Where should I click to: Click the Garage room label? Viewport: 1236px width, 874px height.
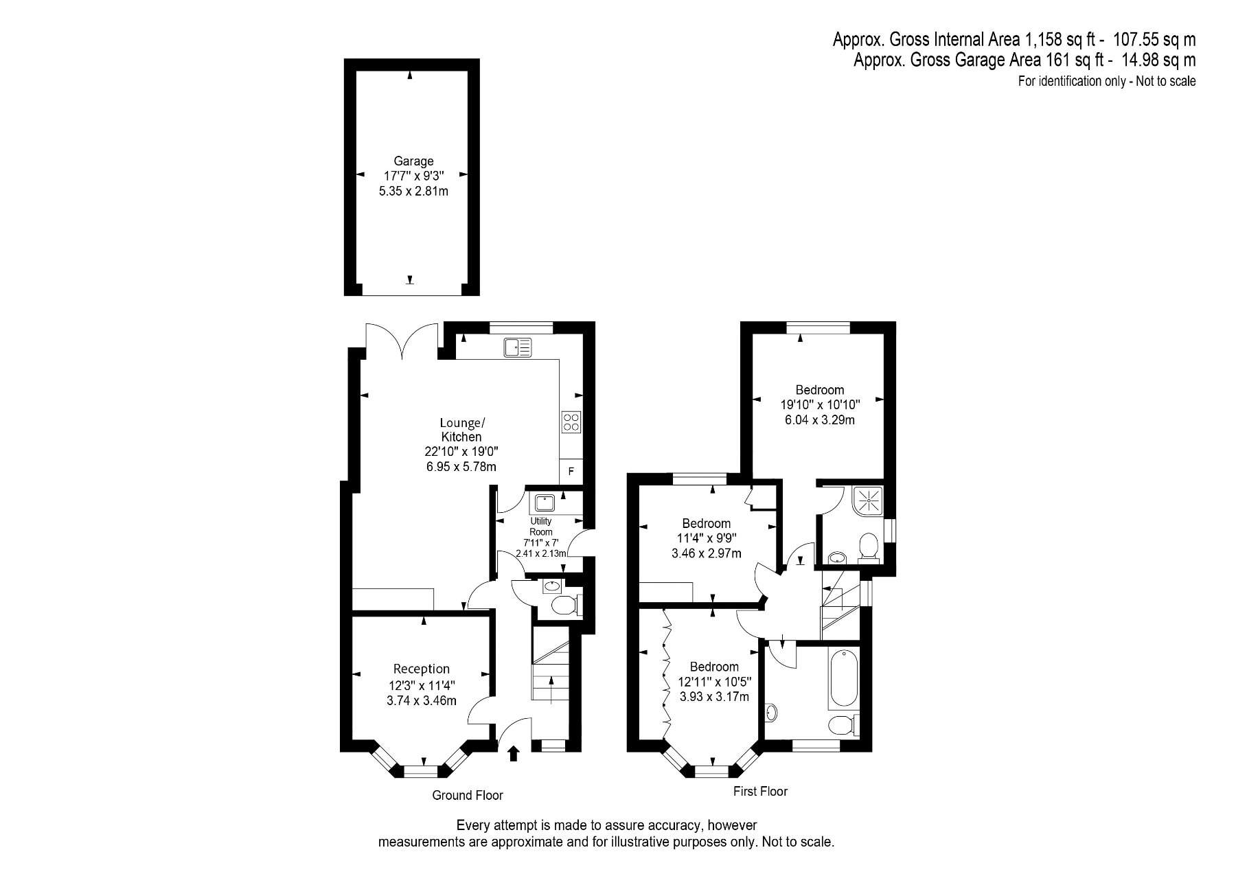(413, 161)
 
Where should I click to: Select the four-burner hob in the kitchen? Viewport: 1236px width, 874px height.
(571, 421)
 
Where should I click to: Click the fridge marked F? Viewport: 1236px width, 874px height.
(571, 472)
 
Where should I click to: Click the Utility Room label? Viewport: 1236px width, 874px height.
(541, 527)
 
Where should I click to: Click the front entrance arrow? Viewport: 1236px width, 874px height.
(513, 754)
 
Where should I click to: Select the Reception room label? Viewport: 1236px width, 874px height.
(422, 669)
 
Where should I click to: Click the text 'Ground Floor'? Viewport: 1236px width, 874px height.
(468, 795)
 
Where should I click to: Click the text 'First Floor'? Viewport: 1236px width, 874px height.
(760, 791)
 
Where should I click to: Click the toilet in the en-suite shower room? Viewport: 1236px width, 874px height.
(869, 547)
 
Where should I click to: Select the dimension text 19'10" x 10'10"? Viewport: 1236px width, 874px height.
(820, 405)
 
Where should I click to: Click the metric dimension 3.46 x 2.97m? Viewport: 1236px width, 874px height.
(706, 553)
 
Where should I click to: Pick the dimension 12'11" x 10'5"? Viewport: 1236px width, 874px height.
(714, 682)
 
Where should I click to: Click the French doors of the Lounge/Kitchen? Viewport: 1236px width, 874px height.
(402, 341)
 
